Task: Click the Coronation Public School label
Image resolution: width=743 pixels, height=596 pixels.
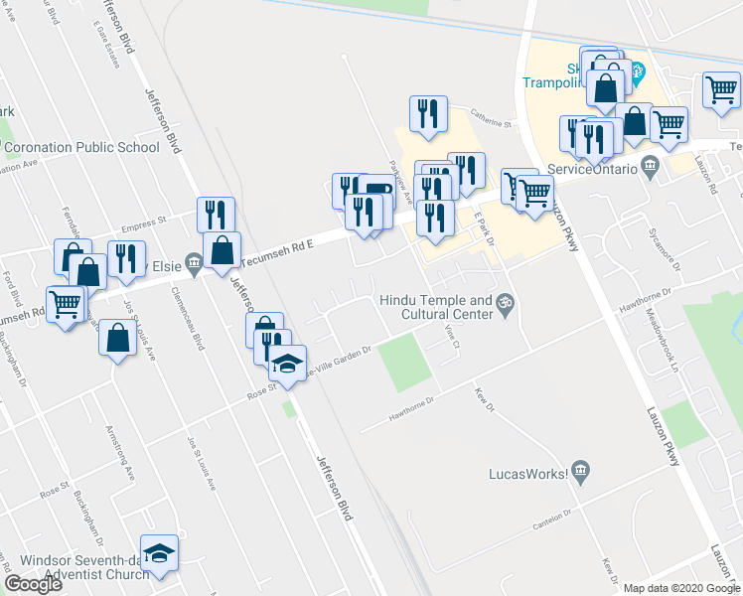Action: coord(82,148)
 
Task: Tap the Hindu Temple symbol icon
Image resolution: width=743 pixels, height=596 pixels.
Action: coord(505,301)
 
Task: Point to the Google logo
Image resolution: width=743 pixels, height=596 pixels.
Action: coord(33,584)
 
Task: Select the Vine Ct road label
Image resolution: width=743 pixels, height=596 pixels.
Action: coord(454,339)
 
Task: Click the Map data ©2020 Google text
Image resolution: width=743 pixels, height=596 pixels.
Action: coord(680,587)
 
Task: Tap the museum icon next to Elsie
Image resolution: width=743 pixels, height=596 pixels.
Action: coord(193,264)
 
